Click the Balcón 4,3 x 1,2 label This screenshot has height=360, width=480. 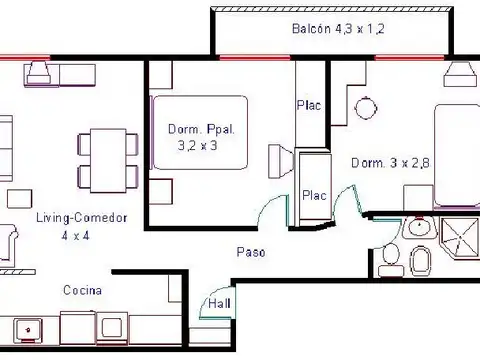(338, 29)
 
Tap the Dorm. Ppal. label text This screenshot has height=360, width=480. (201, 129)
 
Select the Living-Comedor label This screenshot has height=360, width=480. (82, 218)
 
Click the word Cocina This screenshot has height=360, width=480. (82, 290)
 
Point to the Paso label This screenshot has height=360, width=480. (251, 252)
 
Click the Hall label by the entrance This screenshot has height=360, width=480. (219, 303)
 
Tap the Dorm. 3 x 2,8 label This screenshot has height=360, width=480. (390, 163)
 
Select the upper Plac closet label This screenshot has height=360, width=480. (309, 106)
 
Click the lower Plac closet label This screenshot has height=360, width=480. (314, 195)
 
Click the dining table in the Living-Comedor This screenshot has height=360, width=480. (108, 161)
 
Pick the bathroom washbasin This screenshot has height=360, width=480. (419, 227)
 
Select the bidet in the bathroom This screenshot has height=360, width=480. (421, 261)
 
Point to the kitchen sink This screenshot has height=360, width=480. (28, 330)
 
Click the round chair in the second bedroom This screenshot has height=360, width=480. (366, 108)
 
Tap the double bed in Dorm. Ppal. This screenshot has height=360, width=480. (200, 132)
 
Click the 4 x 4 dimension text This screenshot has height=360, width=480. (75, 236)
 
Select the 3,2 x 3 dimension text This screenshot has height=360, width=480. (197, 146)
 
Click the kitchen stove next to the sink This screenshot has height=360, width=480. (112, 328)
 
